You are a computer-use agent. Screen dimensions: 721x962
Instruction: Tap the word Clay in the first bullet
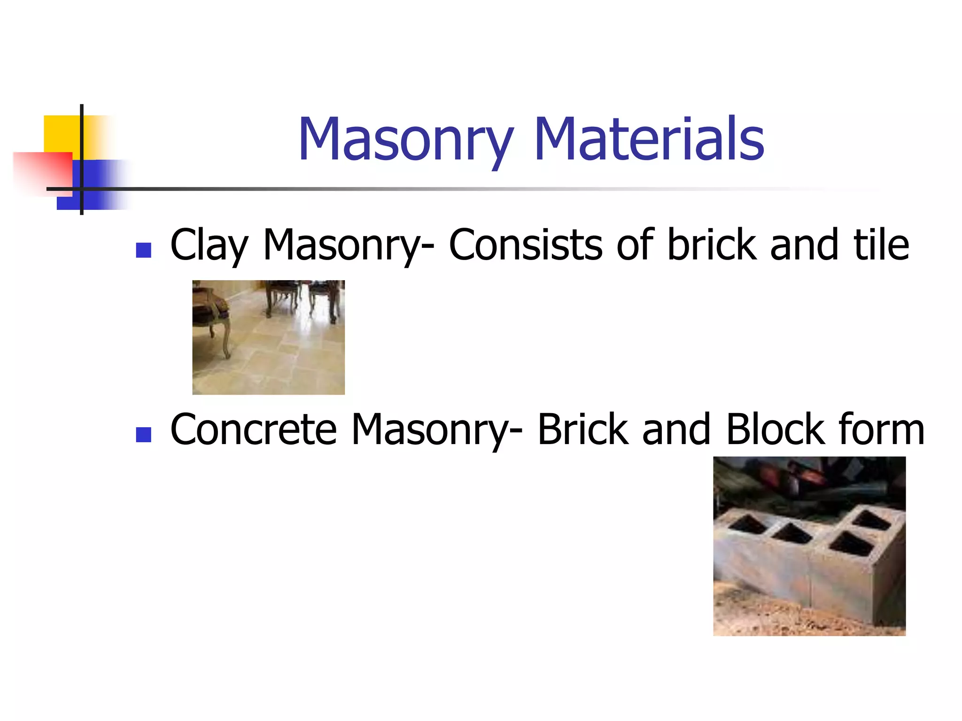click(x=209, y=245)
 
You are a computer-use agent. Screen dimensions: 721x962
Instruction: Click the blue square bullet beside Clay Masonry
click(x=143, y=250)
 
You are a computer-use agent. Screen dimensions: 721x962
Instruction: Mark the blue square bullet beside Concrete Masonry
click(x=143, y=435)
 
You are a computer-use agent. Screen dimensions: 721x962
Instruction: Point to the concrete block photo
click(x=809, y=546)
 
